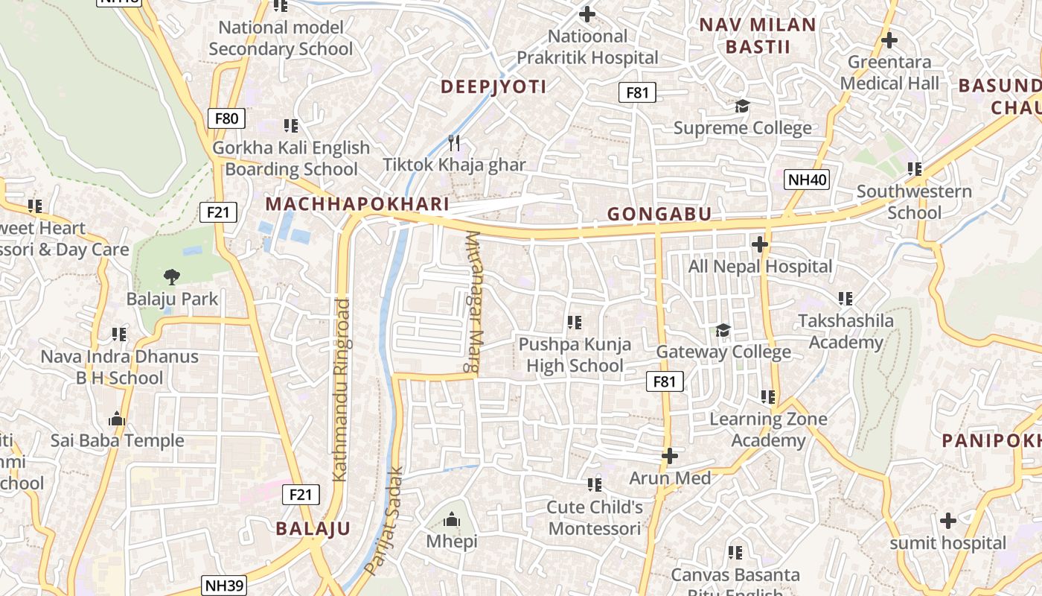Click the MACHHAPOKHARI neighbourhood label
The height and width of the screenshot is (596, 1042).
click(x=357, y=204)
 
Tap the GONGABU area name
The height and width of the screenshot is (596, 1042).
click(x=659, y=215)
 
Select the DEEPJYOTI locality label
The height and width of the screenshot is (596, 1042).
click(x=493, y=86)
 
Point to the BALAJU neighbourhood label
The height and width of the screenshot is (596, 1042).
click(x=313, y=529)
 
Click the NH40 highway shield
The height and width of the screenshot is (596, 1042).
click(x=807, y=179)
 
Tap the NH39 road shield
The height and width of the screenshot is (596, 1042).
click(x=223, y=586)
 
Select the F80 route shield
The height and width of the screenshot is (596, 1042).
click(x=226, y=118)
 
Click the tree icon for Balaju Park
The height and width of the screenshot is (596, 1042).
click(x=172, y=277)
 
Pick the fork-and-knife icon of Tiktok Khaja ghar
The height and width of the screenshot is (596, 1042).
click(x=454, y=142)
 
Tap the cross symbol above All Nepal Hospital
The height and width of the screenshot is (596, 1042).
click(x=759, y=244)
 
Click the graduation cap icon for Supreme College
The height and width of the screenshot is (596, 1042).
click(x=742, y=106)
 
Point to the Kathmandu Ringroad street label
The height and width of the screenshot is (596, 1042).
click(x=341, y=389)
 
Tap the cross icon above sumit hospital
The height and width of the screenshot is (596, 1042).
click(x=947, y=520)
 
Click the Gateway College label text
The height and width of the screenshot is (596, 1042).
click(x=723, y=352)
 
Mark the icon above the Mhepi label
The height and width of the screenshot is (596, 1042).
click(x=452, y=519)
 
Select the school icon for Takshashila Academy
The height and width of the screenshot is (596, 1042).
click(x=845, y=299)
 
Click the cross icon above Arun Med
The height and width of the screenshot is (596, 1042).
click(x=670, y=455)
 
